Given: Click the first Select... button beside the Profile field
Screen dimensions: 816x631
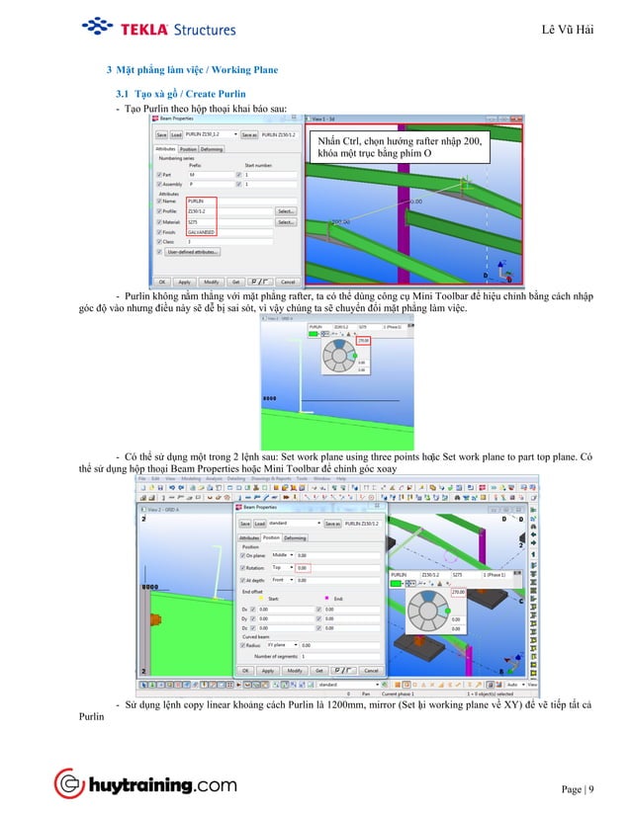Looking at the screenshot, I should coord(286,211).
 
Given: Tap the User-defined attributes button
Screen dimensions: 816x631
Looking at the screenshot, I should coord(199,252).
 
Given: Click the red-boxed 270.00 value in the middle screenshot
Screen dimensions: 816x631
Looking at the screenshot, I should coord(363,341).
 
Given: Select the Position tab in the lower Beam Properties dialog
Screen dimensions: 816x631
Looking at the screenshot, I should coord(270,538).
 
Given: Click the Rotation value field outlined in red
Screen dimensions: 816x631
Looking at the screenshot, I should coord(304,568).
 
